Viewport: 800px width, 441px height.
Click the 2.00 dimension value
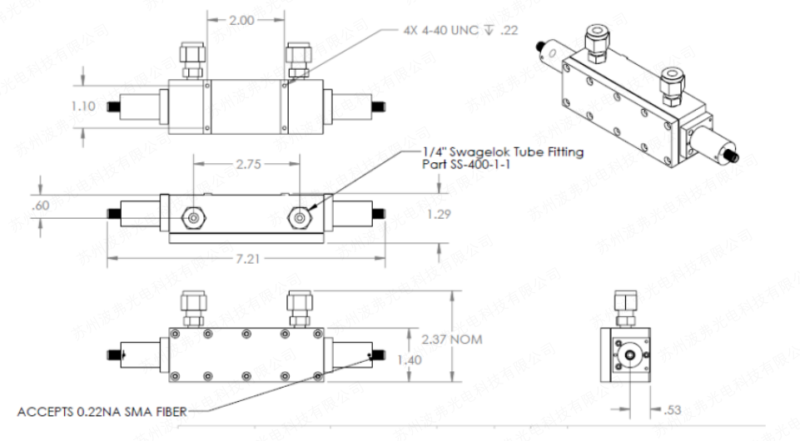point(241,21)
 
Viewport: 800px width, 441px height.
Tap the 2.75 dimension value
point(248,165)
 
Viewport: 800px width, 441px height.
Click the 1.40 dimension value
point(410,359)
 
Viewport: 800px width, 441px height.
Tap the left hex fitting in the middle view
point(193,218)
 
